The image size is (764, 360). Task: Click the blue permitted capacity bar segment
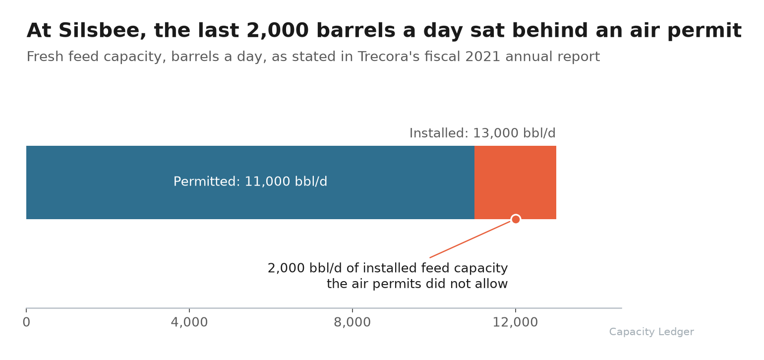pyautogui.click(x=250, y=182)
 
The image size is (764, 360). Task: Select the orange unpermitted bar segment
pyautogui.click(x=515, y=182)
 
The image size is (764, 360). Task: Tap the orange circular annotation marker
pyautogui.click(x=516, y=219)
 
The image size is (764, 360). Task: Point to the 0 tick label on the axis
pyautogui.click(x=26, y=322)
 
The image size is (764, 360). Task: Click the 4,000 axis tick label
pyautogui.click(x=189, y=322)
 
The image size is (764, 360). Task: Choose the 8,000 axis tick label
pyautogui.click(x=353, y=322)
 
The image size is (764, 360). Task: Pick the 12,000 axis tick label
pyautogui.click(x=515, y=322)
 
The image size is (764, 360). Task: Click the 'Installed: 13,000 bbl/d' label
pyautogui.click(x=482, y=133)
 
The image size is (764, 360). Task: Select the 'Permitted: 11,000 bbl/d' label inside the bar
pyautogui.click(x=250, y=181)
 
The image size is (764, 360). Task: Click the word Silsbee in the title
pyautogui.click(x=99, y=31)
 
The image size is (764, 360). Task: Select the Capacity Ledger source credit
pyautogui.click(x=651, y=332)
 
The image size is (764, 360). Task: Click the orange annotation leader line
pyautogui.click(x=470, y=239)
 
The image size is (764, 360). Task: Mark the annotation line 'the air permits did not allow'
pyautogui.click(x=417, y=284)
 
